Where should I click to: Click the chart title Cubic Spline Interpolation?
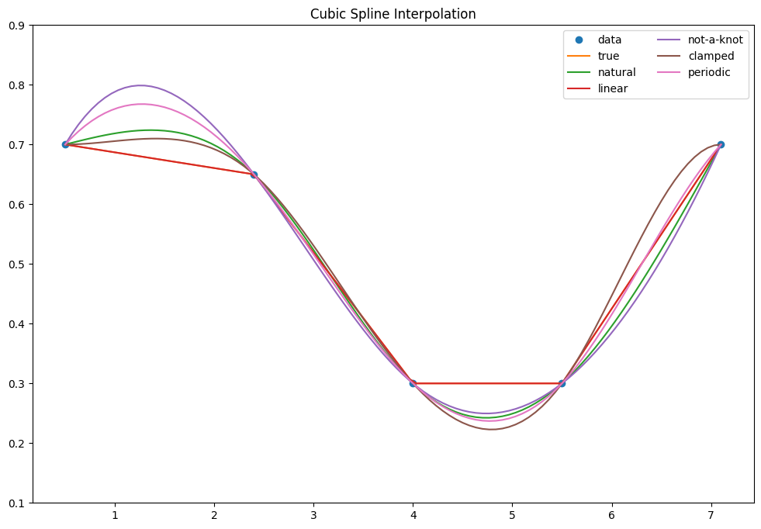click(x=393, y=14)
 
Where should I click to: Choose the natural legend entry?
click(x=617, y=72)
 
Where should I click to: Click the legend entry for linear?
click(x=612, y=88)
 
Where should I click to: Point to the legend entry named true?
click(x=608, y=56)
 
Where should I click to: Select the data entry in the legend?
click(x=609, y=40)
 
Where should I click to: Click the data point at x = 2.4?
click(x=254, y=175)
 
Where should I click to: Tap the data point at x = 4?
click(x=413, y=383)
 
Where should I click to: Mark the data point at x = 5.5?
click(x=562, y=383)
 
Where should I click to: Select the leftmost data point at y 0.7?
click(x=65, y=144)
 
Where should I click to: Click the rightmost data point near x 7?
click(x=721, y=144)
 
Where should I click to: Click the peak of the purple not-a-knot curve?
click(x=140, y=85)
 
